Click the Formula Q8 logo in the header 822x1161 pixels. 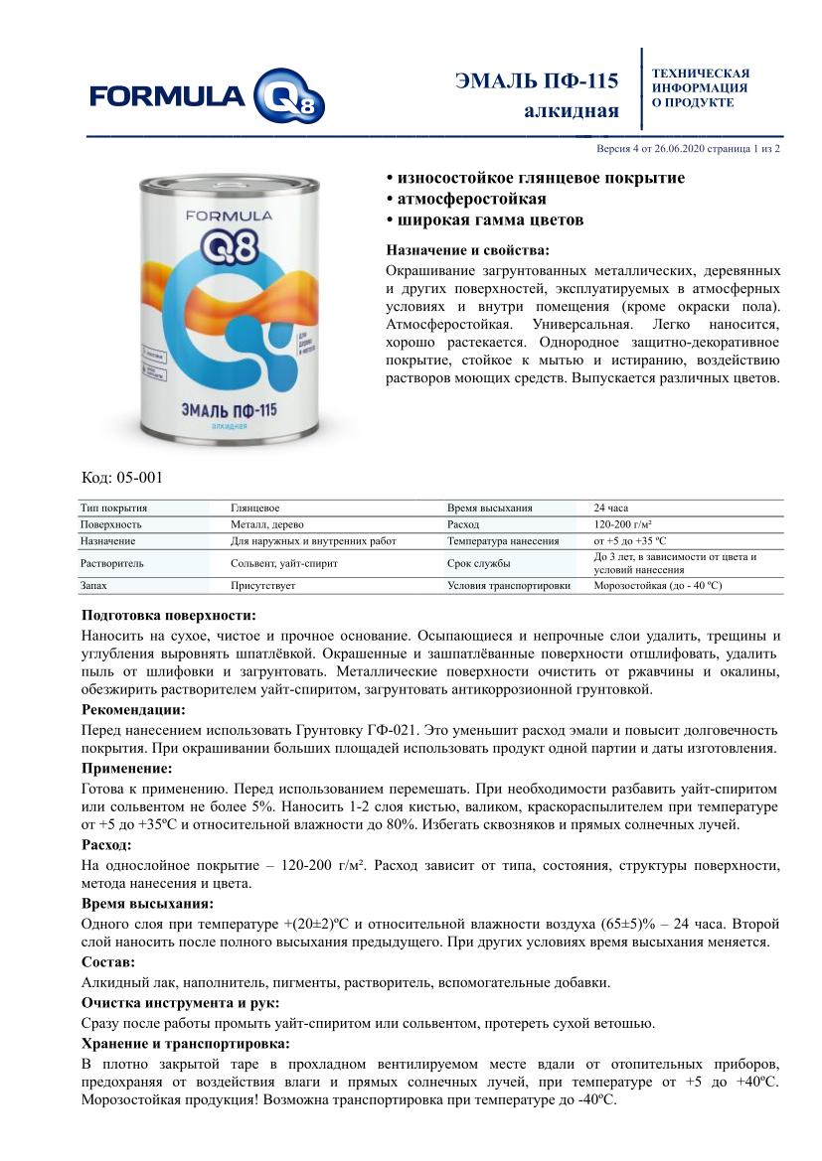pyautogui.click(x=206, y=96)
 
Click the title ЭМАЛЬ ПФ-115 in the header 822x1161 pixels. pyautogui.click(x=537, y=80)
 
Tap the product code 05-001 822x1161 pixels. pyautogui.click(x=122, y=478)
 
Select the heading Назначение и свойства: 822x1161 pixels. pyautogui.click(x=466, y=250)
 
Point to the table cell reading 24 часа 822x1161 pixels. pyautogui.click(x=610, y=508)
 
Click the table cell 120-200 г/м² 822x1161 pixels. pyautogui.click(x=623, y=524)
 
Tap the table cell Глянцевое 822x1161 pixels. pyautogui.click(x=254, y=508)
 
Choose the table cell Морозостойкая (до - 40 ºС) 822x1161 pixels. pyautogui.click(x=657, y=586)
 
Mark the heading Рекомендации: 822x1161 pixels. pyautogui.click(x=133, y=710)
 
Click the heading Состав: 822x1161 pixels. pyautogui.click(x=108, y=962)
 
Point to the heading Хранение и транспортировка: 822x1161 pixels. pyautogui.click(x=186, y=1043)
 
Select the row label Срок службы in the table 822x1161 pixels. pyautogui.click(x=479, y=563)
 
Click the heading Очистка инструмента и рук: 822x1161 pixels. pyautogui.click(x=180, y=1003)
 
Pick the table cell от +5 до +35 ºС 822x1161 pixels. pyautogui.click(x=630, y=541)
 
